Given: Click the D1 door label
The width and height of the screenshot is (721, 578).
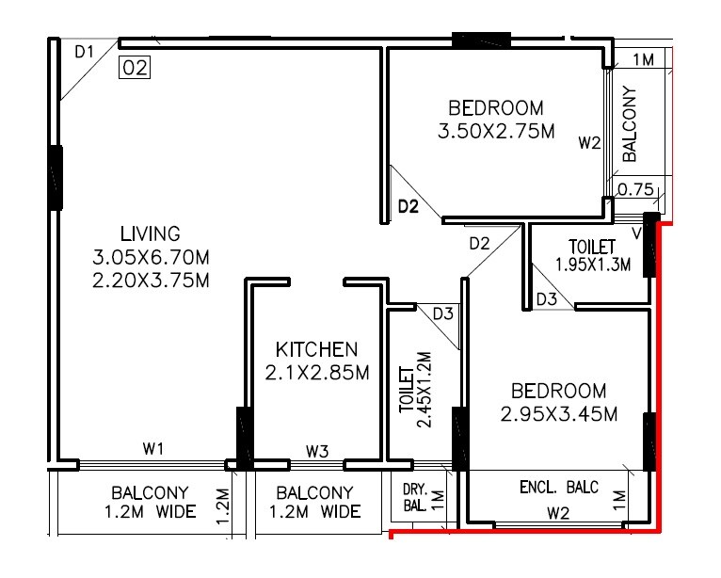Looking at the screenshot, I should tap(85, 53).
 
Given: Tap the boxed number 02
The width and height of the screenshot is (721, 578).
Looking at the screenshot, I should tap(136, 68).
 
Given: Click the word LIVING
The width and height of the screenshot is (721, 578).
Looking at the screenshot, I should tap(150, 233).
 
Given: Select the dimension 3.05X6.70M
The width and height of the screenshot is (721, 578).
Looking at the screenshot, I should tap(150, 256).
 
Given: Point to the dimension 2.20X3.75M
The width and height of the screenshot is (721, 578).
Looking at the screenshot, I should tap(150, 280).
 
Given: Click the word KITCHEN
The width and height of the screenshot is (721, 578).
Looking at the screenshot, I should tap(316, 349).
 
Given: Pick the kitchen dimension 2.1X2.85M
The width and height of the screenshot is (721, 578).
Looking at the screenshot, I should tap(316, 373).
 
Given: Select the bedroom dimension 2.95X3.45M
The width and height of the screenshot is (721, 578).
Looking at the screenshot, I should tap(559, 413).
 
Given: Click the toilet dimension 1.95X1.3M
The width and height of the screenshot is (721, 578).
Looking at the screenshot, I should tap(593, 264).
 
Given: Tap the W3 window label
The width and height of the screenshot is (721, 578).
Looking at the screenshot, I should tap(317, 453).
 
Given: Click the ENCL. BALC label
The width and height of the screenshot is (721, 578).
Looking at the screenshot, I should tap(559, 487).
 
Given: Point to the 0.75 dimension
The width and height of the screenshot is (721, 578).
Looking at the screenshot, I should tap(636, 189).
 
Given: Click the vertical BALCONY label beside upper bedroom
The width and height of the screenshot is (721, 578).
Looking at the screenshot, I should tap(630, 122).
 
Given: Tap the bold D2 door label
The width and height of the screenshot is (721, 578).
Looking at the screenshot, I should tap(407, 207).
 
